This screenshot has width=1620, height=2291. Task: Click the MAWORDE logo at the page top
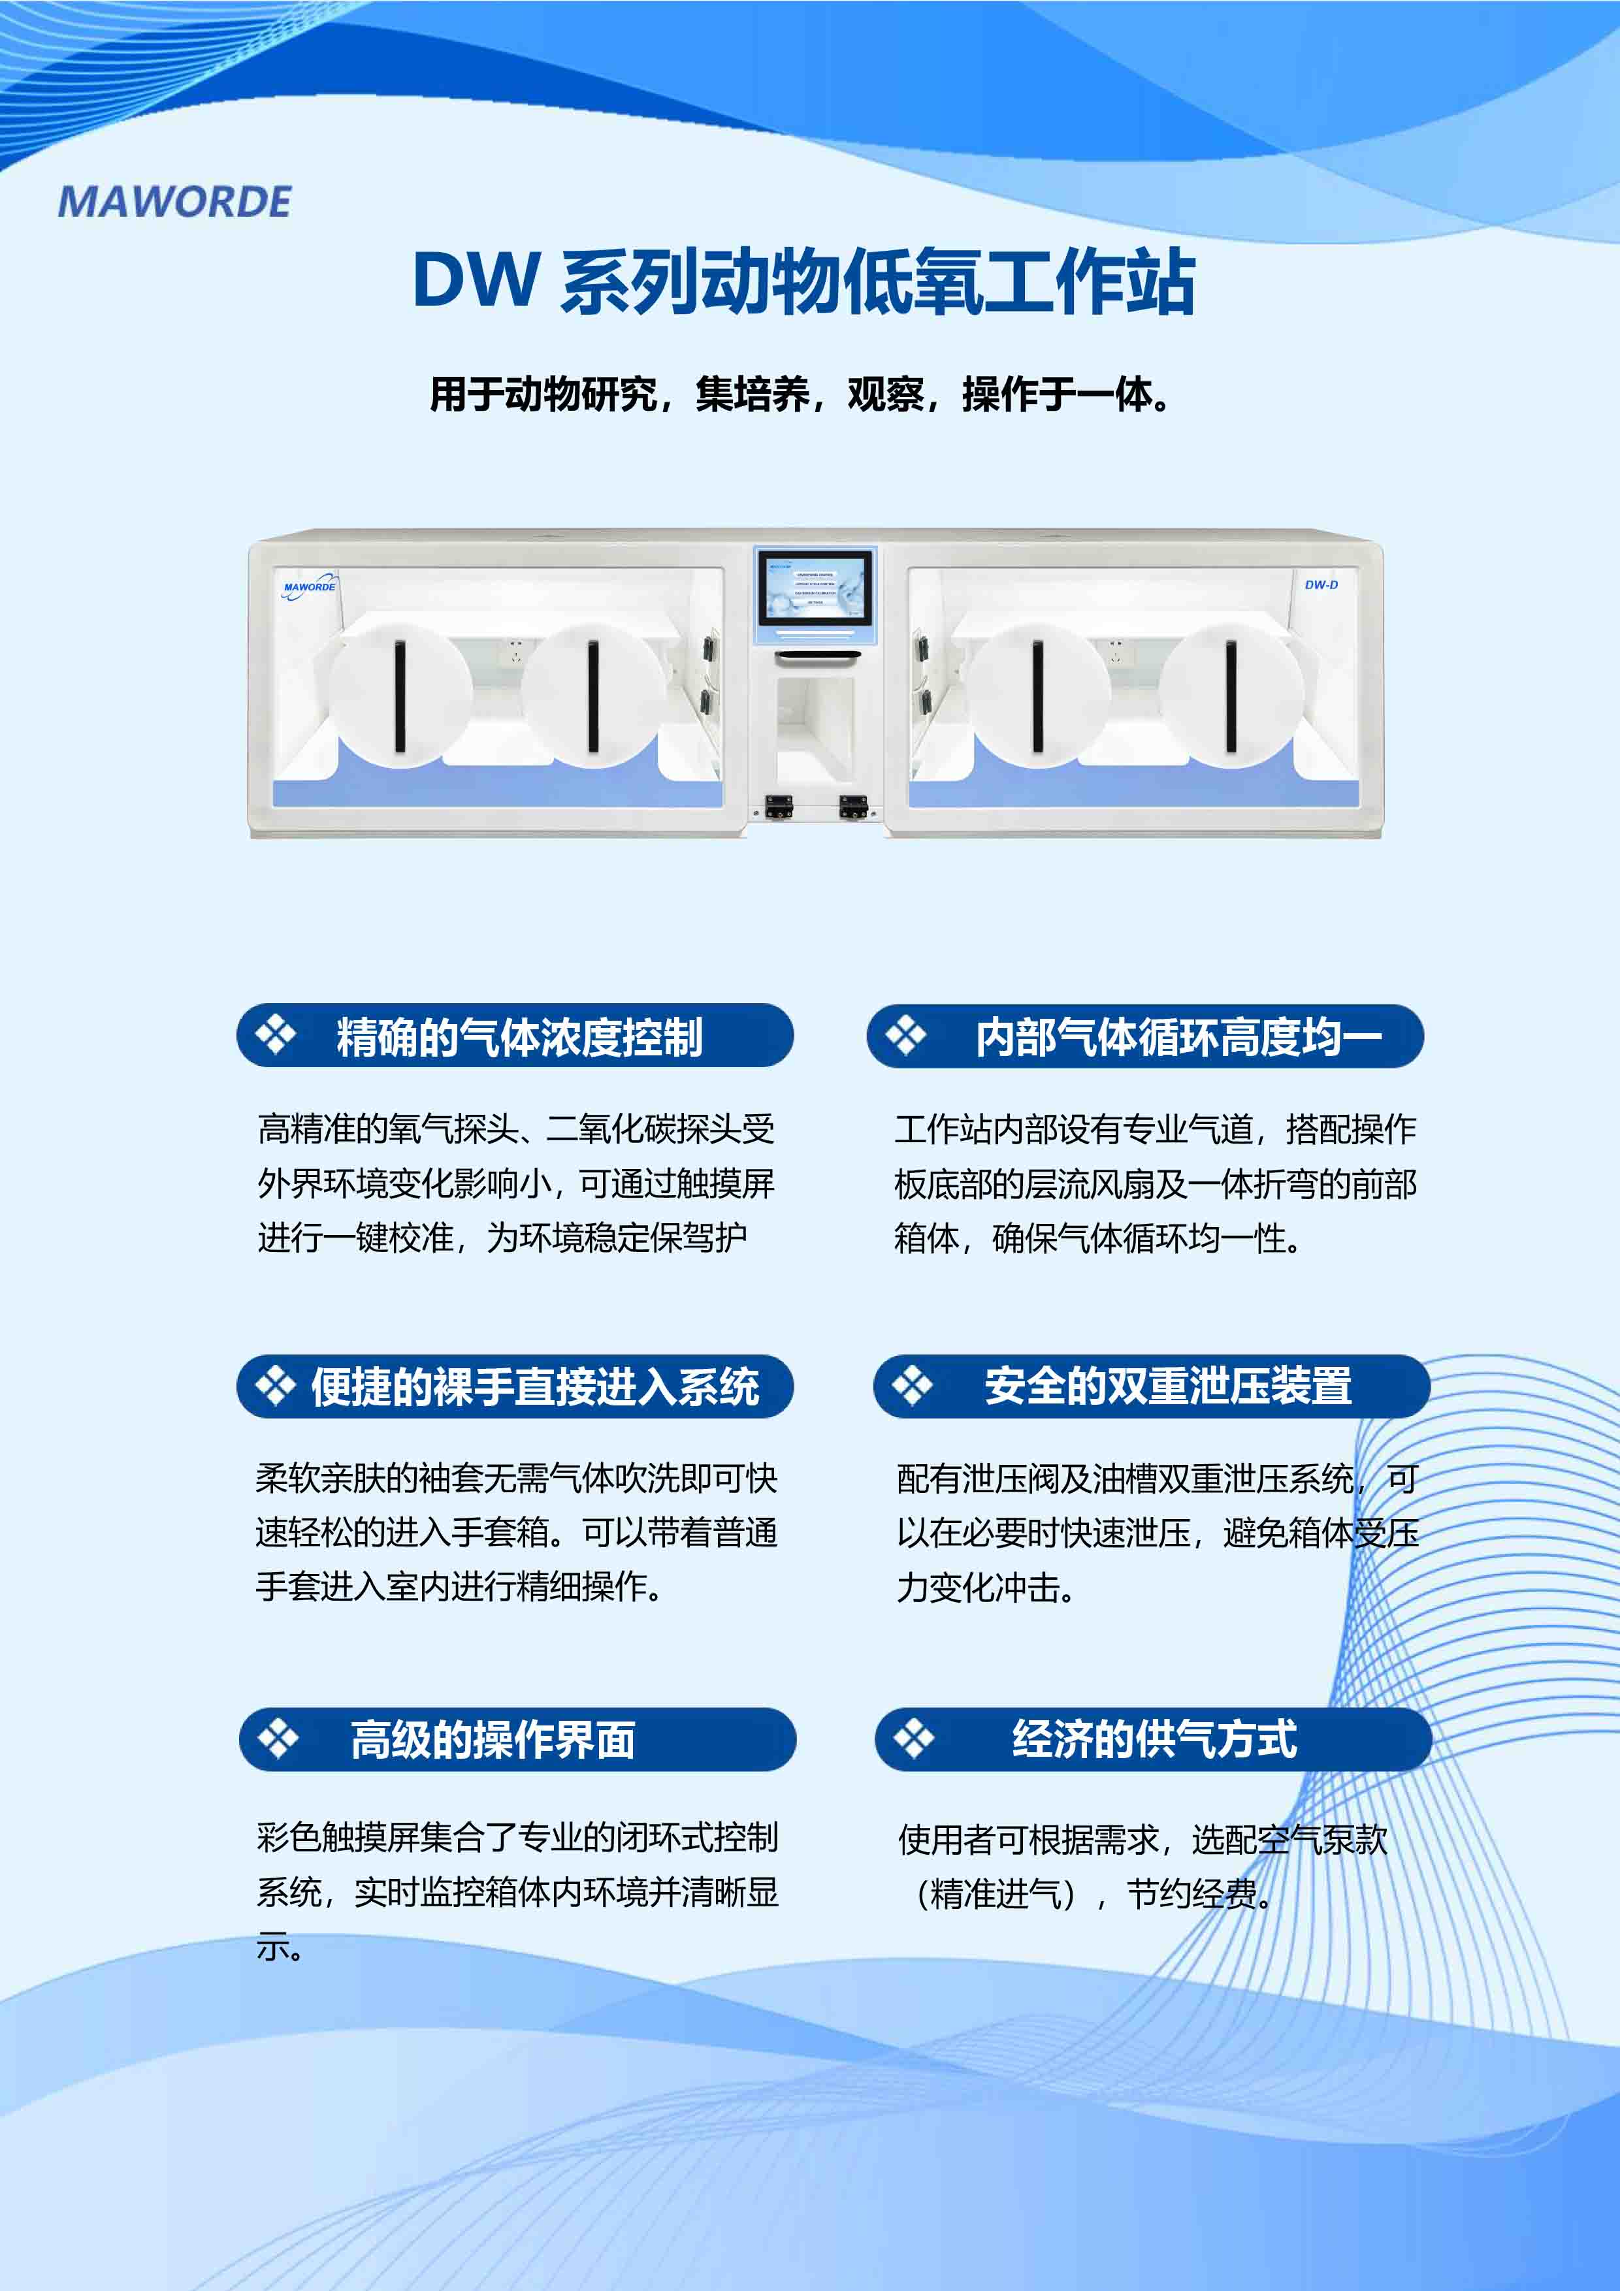[x=174, y=202]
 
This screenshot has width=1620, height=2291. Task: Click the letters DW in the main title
[x=476, y=281]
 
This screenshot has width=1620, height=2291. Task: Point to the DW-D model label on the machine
[x=1321, y=585]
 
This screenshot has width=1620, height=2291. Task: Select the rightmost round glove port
[x=1232, y=694]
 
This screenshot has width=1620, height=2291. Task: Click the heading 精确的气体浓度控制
[x=519, y=1036]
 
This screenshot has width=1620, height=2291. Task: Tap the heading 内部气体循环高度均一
[x=1178, y=1036]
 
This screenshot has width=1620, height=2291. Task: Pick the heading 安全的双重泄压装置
[x=1168, y=1386]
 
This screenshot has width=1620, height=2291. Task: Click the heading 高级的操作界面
[x=493, y=1739]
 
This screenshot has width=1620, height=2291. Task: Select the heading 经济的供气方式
[x=1155, y=1739]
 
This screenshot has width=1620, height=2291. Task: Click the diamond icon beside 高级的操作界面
[x=278, y=1739]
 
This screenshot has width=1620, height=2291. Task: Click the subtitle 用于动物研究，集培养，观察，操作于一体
[x=800, y=394]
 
